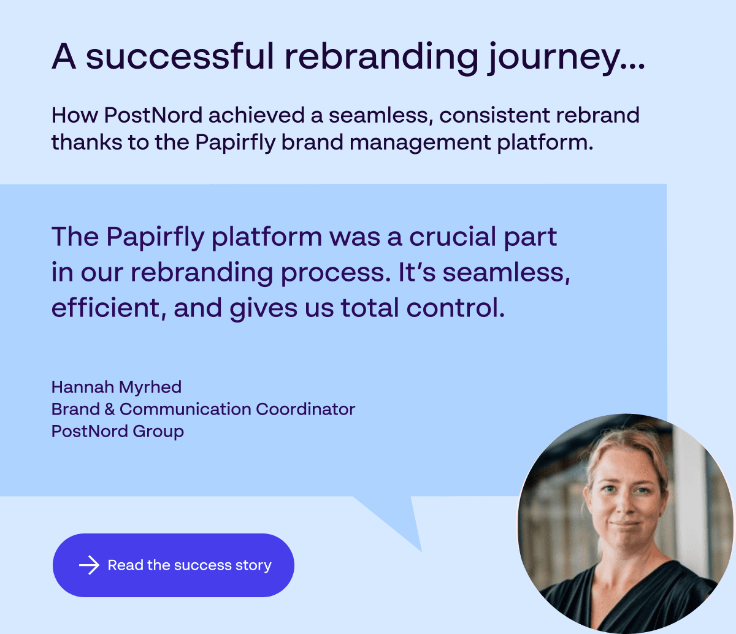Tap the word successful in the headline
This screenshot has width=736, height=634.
(x=180, y=56)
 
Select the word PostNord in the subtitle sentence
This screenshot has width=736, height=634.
(x=153, y=115)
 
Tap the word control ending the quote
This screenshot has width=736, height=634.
(x=456, y=308)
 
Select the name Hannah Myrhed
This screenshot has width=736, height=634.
(x=117, y=388)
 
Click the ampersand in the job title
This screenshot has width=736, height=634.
(x=110, y=410)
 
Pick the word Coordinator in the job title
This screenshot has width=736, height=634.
(x=305, y=410)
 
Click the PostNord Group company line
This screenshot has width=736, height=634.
(x=118, y=432)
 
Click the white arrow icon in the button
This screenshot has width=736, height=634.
(x=89, y=565)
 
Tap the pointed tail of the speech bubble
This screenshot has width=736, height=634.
(x=421, y=551)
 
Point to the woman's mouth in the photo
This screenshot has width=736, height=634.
(x=624, y=525)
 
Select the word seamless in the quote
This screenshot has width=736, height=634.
(x=506, y=273)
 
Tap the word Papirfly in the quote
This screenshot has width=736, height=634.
(x=155, y=238)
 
